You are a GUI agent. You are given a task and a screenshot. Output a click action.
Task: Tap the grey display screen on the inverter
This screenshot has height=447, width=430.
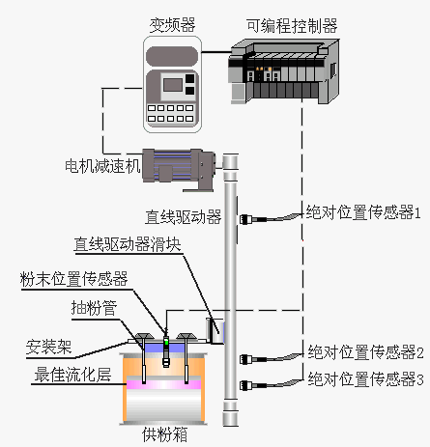[x=174, y=84]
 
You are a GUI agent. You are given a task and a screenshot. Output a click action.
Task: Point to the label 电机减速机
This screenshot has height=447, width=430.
[x=101, y=165]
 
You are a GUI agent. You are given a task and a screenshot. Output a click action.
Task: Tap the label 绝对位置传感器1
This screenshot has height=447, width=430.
[x=363, y=210]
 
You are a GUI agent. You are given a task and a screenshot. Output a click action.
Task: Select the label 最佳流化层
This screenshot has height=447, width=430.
[x=68, y=374]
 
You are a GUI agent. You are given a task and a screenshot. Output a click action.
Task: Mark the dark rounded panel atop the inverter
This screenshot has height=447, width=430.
[x=174, y=52]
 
